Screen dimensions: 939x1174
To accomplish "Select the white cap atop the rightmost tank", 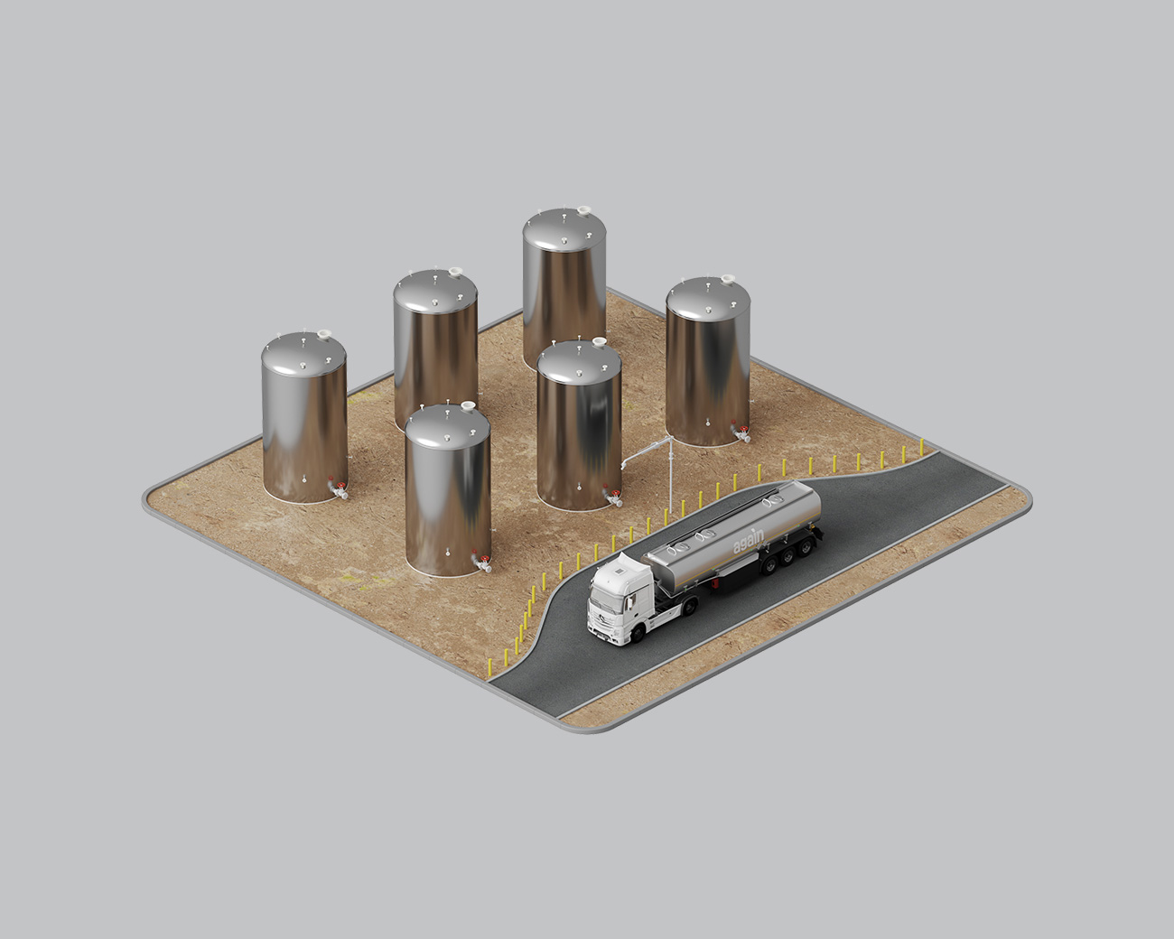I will [728, 281].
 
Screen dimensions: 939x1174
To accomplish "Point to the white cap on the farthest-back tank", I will [584, 211].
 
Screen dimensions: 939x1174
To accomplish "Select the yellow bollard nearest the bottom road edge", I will [490, 670].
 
